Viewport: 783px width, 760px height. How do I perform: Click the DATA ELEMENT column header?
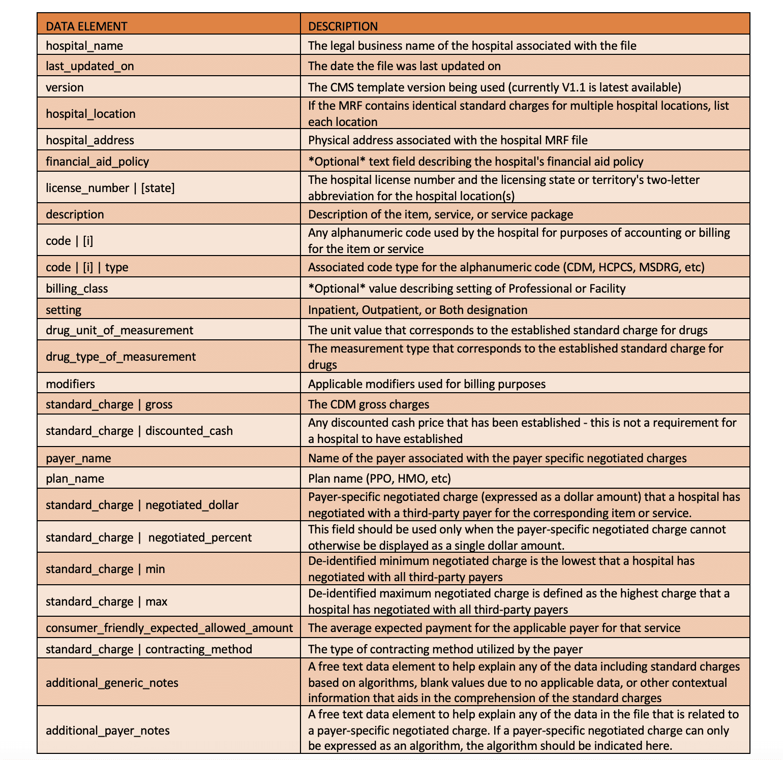click(86, 26)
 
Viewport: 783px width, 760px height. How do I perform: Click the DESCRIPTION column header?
click(343, 26)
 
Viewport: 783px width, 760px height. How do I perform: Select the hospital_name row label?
click(84, 46)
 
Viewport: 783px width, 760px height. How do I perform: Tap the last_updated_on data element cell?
click(90, 66)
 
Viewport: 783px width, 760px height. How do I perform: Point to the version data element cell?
click(65, 87)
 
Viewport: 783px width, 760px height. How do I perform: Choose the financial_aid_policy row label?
click(97, 162)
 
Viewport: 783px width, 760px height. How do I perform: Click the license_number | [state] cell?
click(110, 188)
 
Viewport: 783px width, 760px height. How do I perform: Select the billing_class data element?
click(77, 289)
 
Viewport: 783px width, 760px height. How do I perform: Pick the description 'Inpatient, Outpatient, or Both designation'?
click(417, 310)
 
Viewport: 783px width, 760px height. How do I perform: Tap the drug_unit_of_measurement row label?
click(119, 330)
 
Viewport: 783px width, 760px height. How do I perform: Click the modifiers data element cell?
click(70, 384)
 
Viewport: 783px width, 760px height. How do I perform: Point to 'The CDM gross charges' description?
click(369, 404)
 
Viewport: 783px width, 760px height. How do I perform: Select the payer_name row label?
click(78, 458)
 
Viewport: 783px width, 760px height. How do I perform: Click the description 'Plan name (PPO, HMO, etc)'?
click(379, 479)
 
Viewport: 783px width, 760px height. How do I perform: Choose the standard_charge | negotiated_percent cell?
click(148, 537)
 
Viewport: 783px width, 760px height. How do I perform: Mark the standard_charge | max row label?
click(106, 601)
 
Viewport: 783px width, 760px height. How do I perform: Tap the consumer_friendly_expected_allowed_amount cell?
click(169, 628)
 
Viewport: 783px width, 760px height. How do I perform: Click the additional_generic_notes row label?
click(112, 683)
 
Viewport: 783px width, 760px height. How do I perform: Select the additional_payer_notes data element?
click(108, 731)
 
